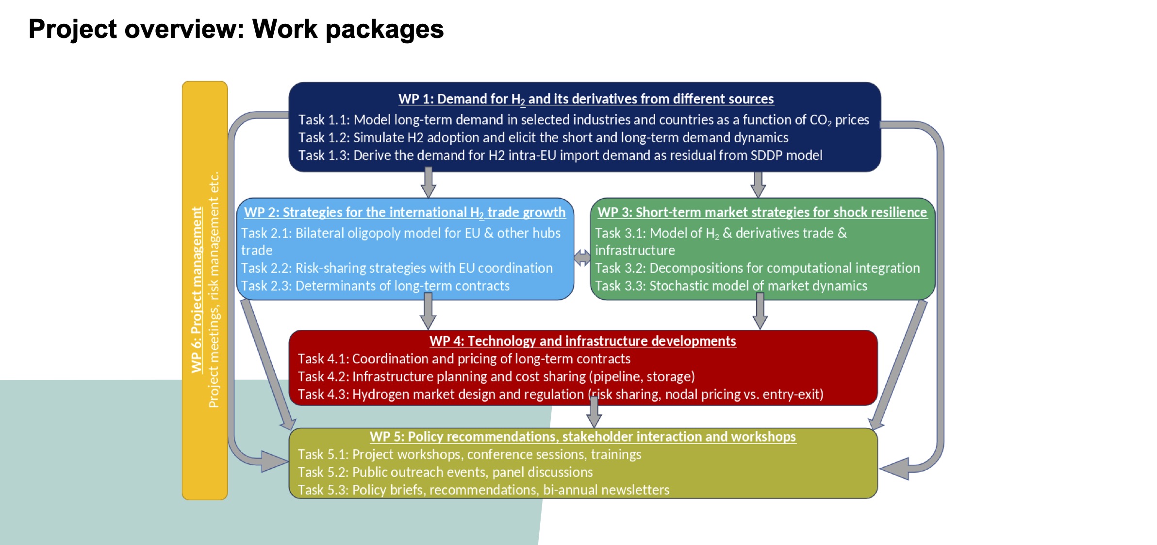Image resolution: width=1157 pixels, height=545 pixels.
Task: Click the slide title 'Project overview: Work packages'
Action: tap(236, 29)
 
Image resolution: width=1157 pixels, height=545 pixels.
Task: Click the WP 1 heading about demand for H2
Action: tap(585, 99)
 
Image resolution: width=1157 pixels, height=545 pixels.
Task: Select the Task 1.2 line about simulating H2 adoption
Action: tap(543, 138)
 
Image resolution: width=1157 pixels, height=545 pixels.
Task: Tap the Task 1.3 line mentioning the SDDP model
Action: tap(560, 155)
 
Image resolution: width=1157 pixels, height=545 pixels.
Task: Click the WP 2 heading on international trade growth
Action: tap(405, 213)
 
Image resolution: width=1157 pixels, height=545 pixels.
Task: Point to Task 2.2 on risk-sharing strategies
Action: tap(397, 268)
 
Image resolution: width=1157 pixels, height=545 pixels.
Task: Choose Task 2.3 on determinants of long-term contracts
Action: tap(375, 286)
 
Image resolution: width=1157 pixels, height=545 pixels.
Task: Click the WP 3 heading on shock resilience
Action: tap(762, 213)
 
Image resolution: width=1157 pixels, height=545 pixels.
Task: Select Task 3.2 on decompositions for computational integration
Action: tap(757, 268)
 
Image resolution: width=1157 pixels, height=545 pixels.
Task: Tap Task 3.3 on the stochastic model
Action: tap(731, 286)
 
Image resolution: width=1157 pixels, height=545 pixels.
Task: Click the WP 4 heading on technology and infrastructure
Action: tap(582, 341)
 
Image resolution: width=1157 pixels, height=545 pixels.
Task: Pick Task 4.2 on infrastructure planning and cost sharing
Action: tap(496, 377)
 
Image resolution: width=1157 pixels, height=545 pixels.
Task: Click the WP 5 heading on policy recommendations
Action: tap(582, 437)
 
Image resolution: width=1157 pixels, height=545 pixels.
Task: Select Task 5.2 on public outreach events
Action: tap(445, 472)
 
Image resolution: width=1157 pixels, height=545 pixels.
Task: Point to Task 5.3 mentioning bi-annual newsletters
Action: tap(483, 490)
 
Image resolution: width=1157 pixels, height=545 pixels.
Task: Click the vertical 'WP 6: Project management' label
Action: tap(197, 290)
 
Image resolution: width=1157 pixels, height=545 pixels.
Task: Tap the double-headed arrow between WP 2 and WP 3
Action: tap(582, 257)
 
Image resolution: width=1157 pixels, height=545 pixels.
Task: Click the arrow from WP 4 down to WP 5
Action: tap(594, 413)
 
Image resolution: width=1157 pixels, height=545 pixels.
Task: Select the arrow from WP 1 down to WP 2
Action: tap(428, 183)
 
